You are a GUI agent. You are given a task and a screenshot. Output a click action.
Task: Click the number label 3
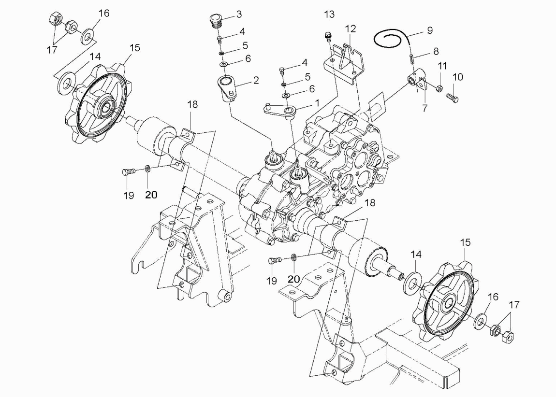tap(239, 14)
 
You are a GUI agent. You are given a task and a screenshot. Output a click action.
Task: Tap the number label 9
tap(429, 30)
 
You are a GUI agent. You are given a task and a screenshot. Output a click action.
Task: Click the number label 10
tap(457, 77)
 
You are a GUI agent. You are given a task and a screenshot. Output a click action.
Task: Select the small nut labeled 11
tap(440, 88)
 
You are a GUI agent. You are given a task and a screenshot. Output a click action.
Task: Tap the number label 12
tap(351, 29)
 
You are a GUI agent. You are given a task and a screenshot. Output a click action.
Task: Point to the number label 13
tap(329, 14)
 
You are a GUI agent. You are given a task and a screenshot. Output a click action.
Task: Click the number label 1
tap(317, 102)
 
